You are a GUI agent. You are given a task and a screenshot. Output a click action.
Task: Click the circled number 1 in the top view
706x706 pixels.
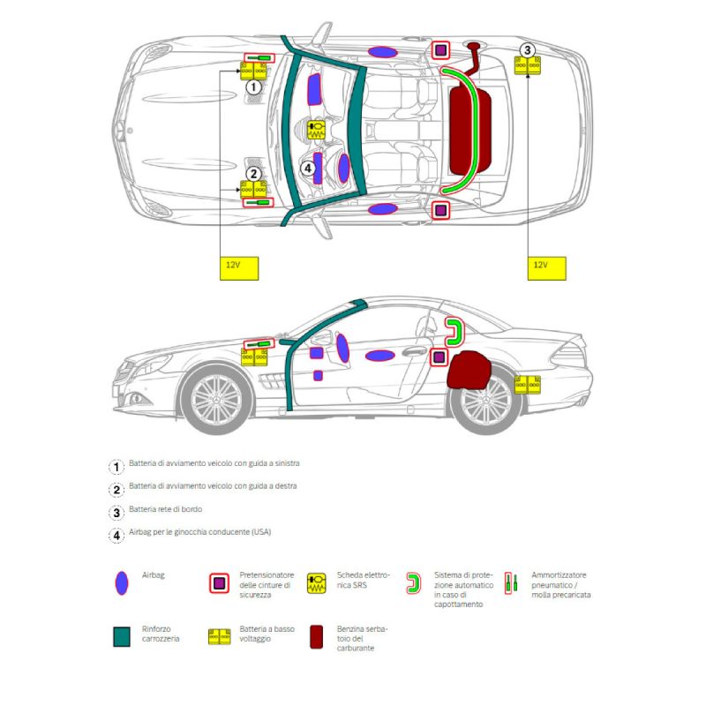pyautogui.click(x=253, y=87)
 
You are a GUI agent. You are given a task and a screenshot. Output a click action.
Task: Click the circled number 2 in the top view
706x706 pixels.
pyautogui.click(x=253, y=174)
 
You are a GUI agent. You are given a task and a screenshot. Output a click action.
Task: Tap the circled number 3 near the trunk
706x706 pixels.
pyautogui.click(x=528, y=50)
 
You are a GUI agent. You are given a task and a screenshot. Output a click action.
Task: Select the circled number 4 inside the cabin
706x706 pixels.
pyautogui.click(x=308, y=168)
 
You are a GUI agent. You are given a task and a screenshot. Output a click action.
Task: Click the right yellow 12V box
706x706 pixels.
pyautogui.click(x=540, y=266)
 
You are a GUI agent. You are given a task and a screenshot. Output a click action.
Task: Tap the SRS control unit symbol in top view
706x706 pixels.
pyautogui.click(x=316, y=130)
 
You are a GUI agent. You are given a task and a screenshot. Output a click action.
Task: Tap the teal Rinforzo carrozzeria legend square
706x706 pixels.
pyautogui.click(x=123, y=636)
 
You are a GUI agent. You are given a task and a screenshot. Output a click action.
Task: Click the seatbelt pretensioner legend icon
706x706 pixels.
pyautogui.click(x=219, y=583)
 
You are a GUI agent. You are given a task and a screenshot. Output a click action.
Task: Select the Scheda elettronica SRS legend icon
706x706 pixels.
pyautogui.click(x=317, y=583)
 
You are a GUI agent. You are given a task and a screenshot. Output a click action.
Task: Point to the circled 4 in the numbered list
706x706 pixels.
pyautogui.click(x=116, y=535)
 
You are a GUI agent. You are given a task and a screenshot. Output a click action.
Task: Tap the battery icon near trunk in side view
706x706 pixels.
pyautogui.click(x=528, y=384)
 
